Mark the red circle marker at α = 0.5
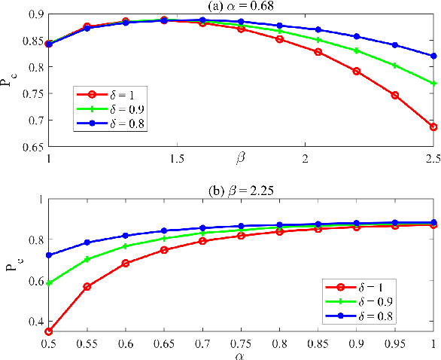pyautogui.click(x=49, y=331)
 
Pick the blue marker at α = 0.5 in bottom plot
pyautogui.click(x=49, y=255)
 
